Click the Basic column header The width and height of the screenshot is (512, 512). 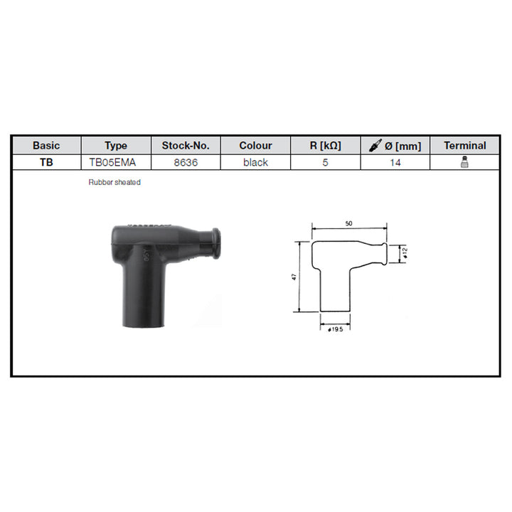(x=46, y=145)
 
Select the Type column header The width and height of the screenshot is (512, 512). (x=115, y=145)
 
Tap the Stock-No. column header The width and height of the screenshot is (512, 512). (x=185, y=145)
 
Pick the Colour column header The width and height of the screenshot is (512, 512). (x=255, y=145)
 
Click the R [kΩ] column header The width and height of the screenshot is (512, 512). (x=325, y=145)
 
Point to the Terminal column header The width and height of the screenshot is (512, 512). (x=464, y=145)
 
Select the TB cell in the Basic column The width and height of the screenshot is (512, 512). (x=46, y=162)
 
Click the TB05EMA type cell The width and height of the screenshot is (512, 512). (x=115, y=162)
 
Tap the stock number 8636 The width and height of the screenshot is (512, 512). (x=185, y=162)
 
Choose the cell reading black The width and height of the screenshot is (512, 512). (x=255, y=162)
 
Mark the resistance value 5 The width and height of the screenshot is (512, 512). (x=325, y=162)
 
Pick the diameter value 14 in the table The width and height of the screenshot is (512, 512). (x=395, y=162)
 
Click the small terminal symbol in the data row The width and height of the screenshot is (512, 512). (x=464, y=162)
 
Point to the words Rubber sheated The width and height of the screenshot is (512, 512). (x=114, y=183)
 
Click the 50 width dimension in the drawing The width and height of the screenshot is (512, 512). (x=349, y=223)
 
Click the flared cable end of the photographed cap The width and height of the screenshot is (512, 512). (x=213, y=244)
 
